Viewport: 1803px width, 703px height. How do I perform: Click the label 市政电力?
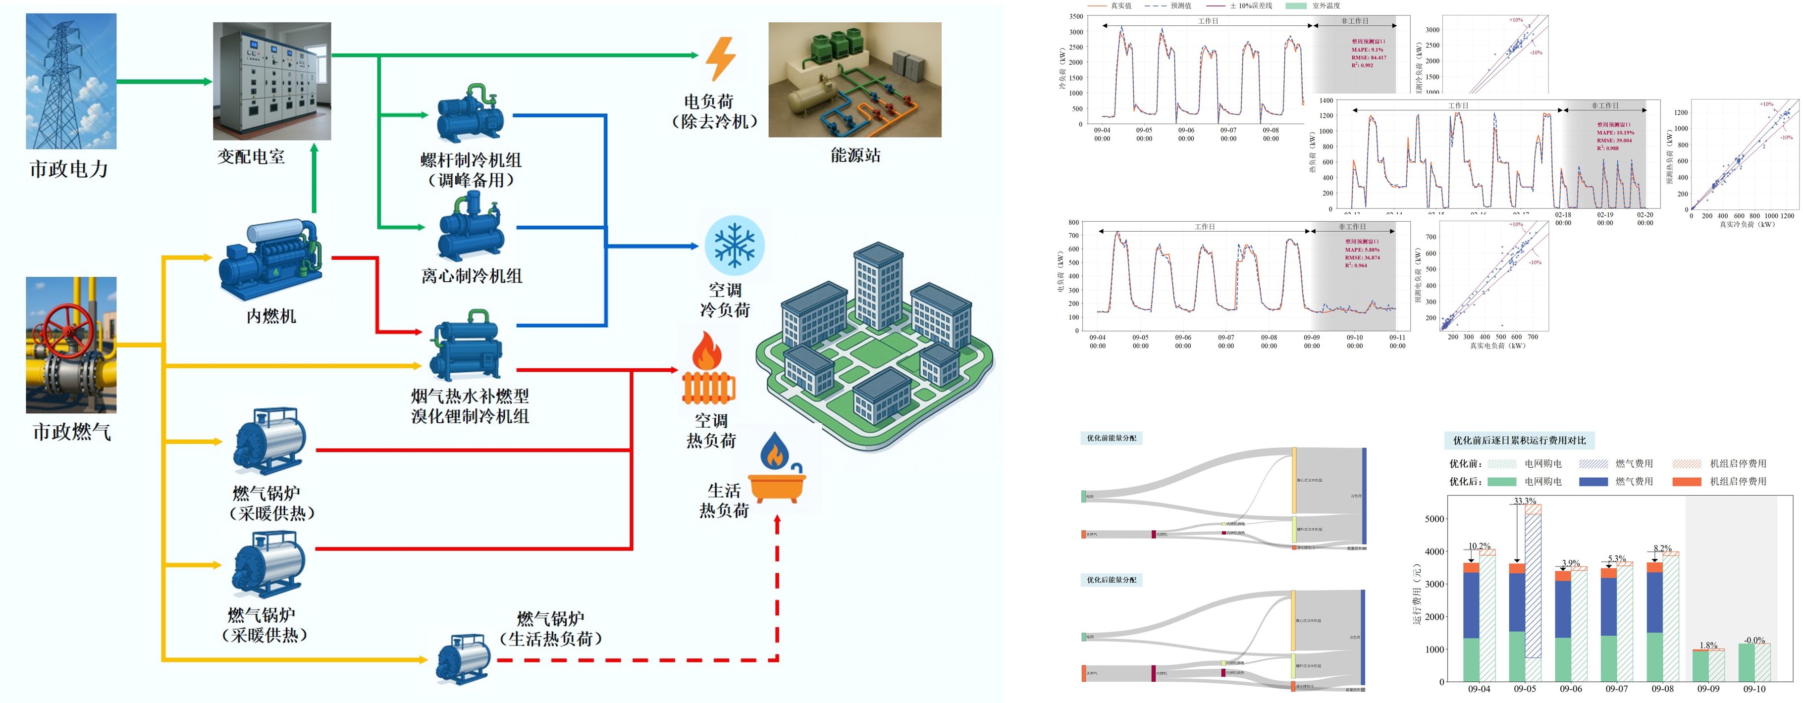click(x=68, y=169)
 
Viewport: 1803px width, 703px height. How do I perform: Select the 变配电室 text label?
click(x=251, y=156)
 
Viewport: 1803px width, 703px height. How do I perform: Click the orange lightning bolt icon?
click(x=720, y=59)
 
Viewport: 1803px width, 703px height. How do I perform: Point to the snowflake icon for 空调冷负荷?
click(x=734, y=245)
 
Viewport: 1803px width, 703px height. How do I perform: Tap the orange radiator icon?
click(x=708, y=371)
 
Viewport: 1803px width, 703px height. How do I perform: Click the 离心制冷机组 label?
click(x=472, y=276)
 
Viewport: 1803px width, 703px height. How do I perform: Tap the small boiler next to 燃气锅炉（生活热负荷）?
click(x=463, y=658)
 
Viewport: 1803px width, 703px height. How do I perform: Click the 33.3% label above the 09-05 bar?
click(x=1525, y=501)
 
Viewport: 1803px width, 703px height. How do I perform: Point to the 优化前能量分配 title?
click(x=1112, y=438)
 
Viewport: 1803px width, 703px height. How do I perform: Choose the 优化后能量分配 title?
click(x=1112, y=580)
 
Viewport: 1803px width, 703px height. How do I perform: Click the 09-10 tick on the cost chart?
click(x=1754, y=689)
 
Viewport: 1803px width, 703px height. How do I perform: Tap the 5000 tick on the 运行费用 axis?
click(x=1434, y=519)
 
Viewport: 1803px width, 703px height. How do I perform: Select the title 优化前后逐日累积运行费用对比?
click(x=1519, y=440)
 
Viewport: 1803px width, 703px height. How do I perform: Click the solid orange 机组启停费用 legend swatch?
click(x=1686, y=481)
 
